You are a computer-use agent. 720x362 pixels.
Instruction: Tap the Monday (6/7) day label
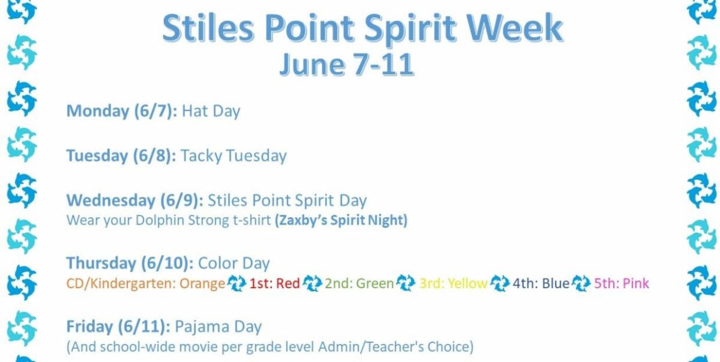click(122, 111)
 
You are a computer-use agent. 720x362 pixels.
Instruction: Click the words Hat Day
click(211, 111)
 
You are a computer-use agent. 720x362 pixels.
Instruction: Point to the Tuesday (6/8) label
click(121, 156)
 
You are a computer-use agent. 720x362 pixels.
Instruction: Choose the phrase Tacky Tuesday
click(233, 156)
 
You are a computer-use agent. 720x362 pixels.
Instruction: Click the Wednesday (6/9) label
click(135, 201)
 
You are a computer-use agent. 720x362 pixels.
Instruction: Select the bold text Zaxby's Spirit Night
click(341, 220)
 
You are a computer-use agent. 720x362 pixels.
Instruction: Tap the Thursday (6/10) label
click(130, 264)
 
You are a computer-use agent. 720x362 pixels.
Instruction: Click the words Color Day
click(233, 264)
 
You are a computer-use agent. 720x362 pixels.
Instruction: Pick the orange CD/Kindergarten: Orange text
click(146, 283)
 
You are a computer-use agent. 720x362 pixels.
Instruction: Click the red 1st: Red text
click(274, 283)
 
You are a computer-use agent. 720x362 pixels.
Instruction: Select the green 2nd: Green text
click(359, 283)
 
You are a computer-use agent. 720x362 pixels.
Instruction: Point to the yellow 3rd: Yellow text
click(453, 283)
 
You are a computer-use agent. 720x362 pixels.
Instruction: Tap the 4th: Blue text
click(541, 283)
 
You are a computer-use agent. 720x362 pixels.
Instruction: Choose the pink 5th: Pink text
click(622, 283)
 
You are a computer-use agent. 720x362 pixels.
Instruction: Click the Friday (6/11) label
click(118, 327)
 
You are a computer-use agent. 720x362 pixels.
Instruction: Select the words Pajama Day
click(218, 327)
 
